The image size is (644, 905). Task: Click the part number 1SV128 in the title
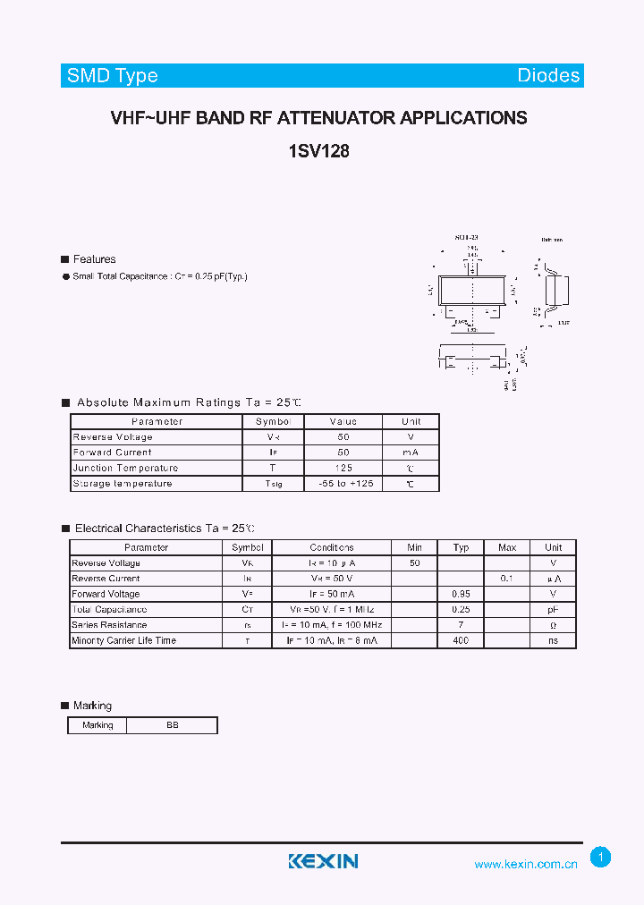318,151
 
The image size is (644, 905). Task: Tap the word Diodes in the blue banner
548,76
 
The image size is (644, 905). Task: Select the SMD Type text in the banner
113,76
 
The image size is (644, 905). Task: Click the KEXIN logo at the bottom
323,861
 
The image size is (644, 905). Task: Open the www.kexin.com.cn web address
525,864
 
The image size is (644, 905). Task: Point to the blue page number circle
601,858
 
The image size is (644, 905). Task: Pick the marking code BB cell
172,725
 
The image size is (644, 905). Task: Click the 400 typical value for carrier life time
461,640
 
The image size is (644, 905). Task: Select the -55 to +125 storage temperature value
343,483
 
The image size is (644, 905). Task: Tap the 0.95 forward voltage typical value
461,594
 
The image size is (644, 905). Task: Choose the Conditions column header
332,547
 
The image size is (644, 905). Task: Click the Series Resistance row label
109,625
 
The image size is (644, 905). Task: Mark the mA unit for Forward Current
411,452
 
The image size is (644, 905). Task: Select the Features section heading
94,259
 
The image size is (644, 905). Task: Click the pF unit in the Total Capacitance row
554,609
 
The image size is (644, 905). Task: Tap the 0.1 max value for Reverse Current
506,579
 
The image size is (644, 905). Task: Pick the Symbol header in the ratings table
273,421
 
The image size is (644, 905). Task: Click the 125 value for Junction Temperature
343,468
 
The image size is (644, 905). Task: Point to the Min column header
414,547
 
